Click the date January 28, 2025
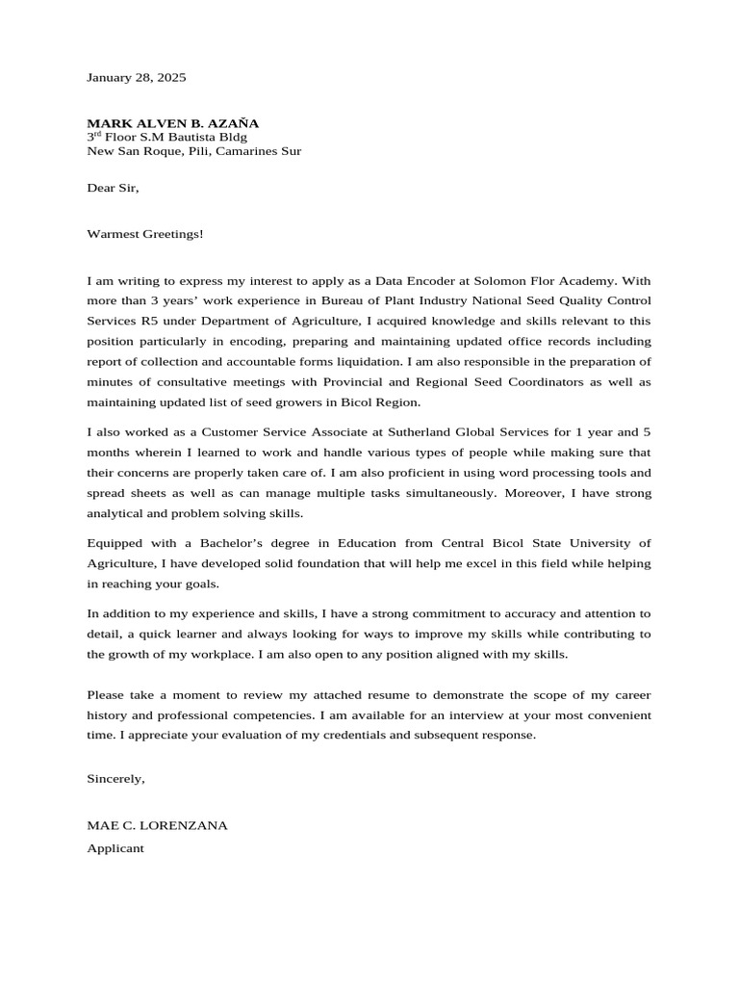[x=137, y=76]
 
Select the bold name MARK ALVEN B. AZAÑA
[x=173, y=123]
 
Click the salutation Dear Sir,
[x=113, y=188]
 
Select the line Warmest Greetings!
[x=145, y=233]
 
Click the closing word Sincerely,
[x=115, y=778]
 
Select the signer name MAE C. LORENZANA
[x=157, y=825]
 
